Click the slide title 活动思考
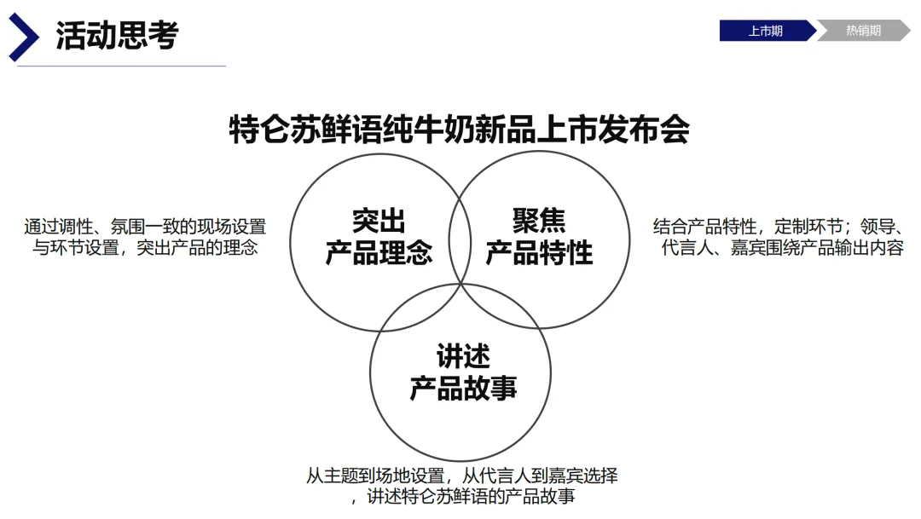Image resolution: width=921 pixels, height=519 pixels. point(117,36)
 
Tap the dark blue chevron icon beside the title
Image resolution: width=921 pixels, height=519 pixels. point(23,37)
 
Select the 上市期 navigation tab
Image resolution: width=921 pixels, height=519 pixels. point(765,32)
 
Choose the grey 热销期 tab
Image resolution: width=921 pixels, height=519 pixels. point(863,32)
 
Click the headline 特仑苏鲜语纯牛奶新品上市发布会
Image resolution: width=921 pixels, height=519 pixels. point(460,130)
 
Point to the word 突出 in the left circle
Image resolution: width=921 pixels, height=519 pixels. point(379,220)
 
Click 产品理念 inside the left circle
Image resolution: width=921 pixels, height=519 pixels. point(379,252)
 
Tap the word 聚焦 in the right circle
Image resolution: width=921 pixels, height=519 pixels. point(539,220)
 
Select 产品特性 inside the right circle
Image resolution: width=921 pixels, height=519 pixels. point(539,252)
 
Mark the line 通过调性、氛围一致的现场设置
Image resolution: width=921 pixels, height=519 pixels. point(145,227)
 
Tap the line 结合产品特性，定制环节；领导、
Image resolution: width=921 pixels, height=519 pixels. point(778,227)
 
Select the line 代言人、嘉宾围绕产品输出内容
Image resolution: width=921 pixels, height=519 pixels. point(783,249)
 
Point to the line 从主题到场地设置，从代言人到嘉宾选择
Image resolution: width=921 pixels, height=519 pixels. point(461,476)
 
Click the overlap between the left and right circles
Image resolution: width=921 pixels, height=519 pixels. point(460,239)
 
